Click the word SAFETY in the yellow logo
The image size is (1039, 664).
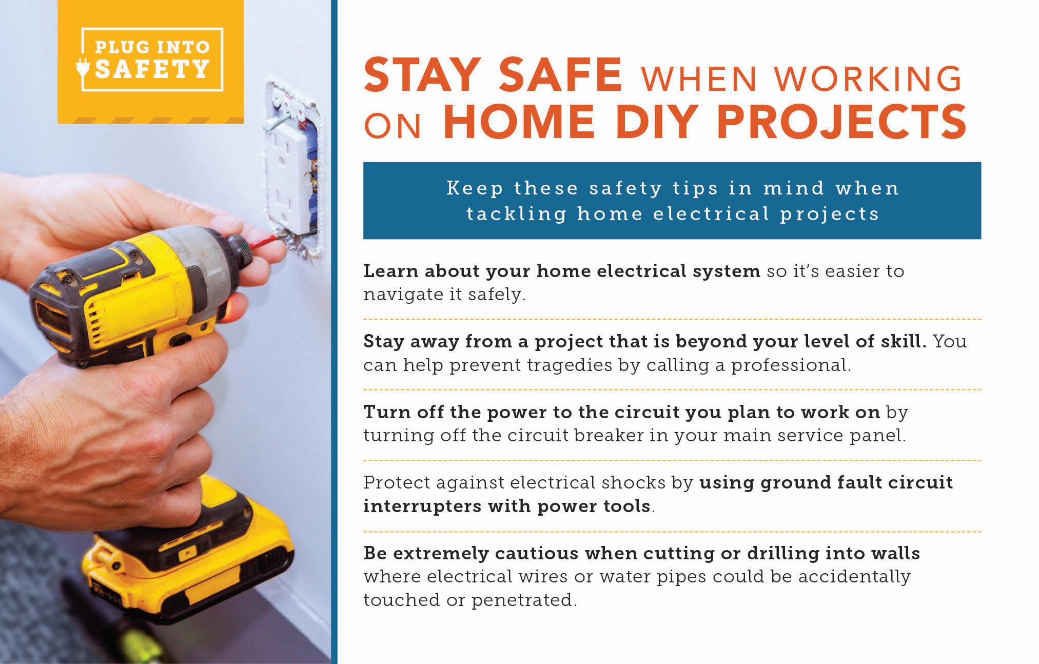[x=152, y=69]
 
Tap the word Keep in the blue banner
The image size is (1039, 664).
[x=475, y=188]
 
